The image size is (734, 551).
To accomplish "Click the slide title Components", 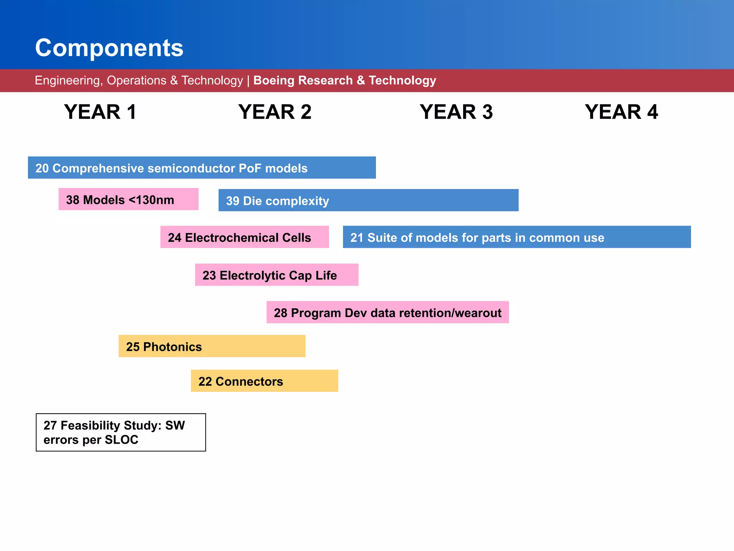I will pyautogui.click(x=109, y=48).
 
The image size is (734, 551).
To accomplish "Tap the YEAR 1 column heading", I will pyautogui.click(x=100, y=112).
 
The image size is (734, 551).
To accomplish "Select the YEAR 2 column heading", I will pyautogui.click(x=275, y=112).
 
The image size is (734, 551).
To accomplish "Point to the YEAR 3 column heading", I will pyautogui.click(x=456, y=112).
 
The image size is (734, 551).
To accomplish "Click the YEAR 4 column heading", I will pyautogui.click(x=621, y=112).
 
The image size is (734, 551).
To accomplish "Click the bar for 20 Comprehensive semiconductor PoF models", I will pyautogui.click(x=202, y=168).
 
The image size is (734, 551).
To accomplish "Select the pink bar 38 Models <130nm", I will pyautogui.click(x=128, y=199).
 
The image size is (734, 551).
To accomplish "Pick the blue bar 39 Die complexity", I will pyautogui.click(x=368, y=201).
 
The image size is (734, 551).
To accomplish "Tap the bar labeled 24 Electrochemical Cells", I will pyautogui.click(x=244, y=237).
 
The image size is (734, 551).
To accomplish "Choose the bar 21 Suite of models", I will pyautogui.click(x=516, y=237).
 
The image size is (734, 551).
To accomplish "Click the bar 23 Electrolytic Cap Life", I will pyautogui.click(x=277, y=275).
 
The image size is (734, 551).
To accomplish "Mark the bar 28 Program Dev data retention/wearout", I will pyautogui.click(x=387, y=312).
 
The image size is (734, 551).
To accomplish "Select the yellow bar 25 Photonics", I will pyautogui.click(x=212, y=347).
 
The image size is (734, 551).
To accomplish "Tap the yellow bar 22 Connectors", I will pyautogui.click(x=264, y=381).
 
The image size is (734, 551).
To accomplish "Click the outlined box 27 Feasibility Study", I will pyautogui.click(x=121, y=432).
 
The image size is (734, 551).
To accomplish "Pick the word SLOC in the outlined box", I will pyautogui.click(x=121, y=440).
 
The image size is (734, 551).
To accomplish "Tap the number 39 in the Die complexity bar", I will pyautogui.click(x=233, y=201).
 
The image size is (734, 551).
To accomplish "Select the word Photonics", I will pyautogui.click(x=172, y=347).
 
